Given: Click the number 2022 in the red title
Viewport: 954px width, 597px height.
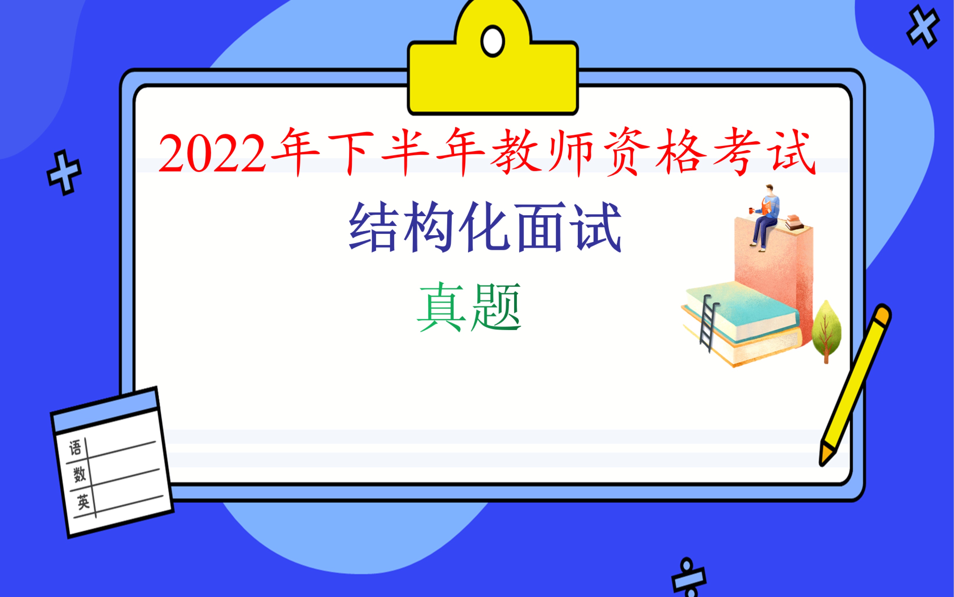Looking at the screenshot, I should coord(212,153).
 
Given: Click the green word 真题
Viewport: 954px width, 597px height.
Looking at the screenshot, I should coord(469,307).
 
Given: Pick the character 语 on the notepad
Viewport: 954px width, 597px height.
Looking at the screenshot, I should coord(75,448).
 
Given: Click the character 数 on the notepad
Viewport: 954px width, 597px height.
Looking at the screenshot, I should coord(79,474).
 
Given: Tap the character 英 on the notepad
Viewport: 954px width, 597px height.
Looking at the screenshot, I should coord(83,502).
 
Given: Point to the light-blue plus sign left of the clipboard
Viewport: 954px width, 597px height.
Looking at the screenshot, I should coord(64,173).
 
